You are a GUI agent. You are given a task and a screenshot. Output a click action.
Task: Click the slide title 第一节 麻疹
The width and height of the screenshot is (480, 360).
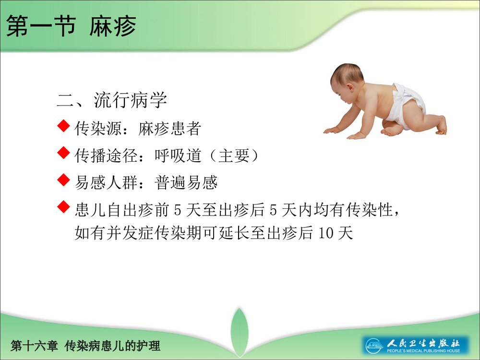71,26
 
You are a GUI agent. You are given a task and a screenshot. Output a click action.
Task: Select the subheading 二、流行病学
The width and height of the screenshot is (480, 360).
112,100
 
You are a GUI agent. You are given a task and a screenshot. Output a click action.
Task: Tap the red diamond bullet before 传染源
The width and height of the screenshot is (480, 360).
64,127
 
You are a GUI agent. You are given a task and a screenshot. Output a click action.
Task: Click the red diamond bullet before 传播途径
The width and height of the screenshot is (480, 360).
64,154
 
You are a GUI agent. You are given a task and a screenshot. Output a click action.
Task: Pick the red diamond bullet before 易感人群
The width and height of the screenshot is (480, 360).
64,180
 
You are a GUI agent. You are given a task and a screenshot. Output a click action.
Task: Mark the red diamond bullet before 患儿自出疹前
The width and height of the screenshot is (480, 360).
64,207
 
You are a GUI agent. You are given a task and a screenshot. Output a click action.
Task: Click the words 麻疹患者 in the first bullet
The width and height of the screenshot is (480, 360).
169,129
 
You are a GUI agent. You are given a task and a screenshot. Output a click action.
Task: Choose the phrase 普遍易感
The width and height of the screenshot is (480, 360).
186,182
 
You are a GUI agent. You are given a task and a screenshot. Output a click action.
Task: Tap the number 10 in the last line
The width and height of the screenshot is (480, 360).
326,233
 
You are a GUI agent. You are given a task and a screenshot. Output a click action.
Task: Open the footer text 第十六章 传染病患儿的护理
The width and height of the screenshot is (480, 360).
85,346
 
